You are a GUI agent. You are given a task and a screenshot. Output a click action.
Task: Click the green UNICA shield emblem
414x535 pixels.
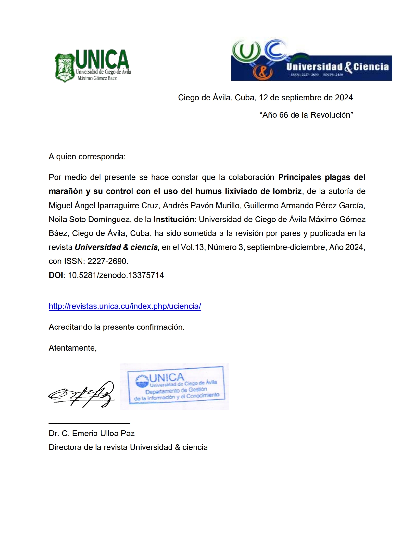coord(65,67)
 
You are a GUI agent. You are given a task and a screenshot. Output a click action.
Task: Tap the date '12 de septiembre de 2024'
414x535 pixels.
coord(306,98)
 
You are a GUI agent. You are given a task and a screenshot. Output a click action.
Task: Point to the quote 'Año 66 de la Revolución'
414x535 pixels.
coord(306,115)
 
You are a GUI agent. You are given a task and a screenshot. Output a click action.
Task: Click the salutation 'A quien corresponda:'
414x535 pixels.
coord(87,157)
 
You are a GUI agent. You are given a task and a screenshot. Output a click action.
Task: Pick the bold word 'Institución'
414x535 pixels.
coord(174,220)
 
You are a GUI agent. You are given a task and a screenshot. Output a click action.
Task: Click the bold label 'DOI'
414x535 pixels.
coord(56,275)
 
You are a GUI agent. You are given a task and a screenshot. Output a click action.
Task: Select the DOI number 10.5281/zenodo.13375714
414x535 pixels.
coord(116,275)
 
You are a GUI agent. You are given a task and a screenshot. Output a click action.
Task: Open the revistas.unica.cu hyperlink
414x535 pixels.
coord(125,306)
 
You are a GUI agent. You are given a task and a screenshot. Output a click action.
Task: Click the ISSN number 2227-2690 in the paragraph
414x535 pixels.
coord(107,261)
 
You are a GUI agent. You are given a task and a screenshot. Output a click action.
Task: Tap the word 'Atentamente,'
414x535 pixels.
coord(73,348)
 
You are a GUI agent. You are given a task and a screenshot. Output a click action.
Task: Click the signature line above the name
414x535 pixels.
coord(89,423)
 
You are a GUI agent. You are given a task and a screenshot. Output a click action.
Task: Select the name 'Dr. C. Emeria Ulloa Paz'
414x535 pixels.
coord(92,434)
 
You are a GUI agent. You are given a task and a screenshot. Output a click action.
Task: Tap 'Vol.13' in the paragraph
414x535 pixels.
coord(192,247)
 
